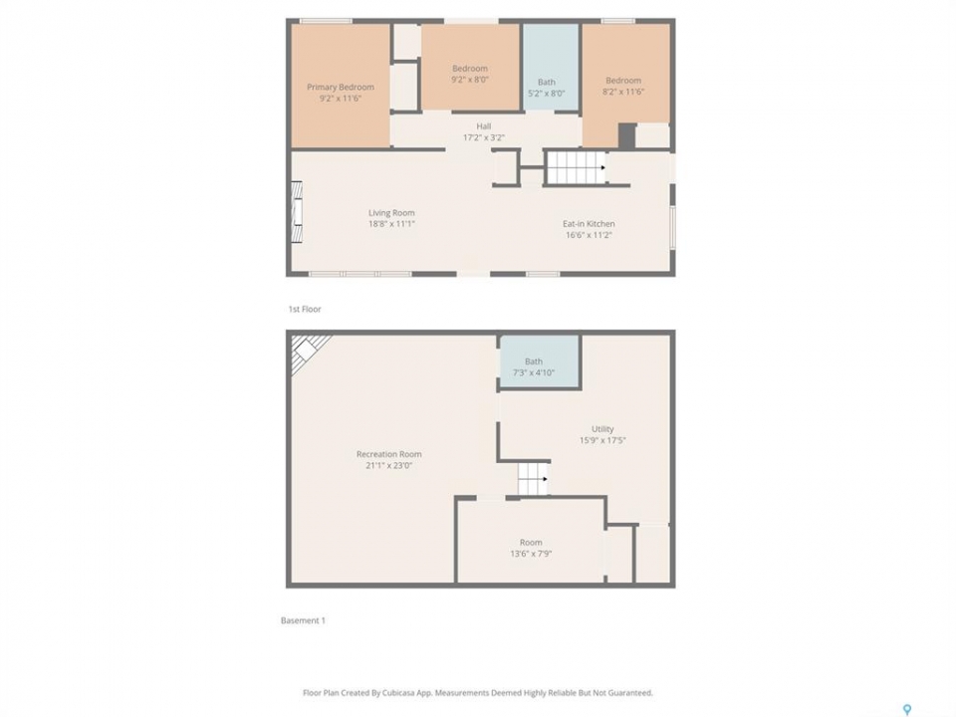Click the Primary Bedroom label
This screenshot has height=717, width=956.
[x=341, y=88]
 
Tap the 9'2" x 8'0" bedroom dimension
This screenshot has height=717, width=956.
[x=470, y=80]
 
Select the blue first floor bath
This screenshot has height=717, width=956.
[x=551, y=67]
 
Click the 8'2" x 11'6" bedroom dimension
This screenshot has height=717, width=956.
[x=623, y=92]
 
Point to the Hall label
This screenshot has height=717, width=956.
[x=484, y=126]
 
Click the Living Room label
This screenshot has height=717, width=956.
[x=391, y=213]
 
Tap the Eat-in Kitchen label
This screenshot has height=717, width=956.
[x=589, y=224]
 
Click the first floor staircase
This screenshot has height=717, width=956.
[x=576, y=167]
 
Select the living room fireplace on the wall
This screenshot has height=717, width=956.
[x=297, y=211]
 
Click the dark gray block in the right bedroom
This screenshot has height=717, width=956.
[x=627, y=136]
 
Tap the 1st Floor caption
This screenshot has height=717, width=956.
[x=305, y=309]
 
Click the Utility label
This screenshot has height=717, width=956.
[x=602, y=429]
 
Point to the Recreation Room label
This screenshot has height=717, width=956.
[x=389, y=454]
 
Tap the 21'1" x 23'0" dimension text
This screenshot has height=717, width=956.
[x=389, y=466]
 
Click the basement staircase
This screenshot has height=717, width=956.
[x=533, y=479]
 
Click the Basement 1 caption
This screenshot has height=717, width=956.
[x=303, y=620]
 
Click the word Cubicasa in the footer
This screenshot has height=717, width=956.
[x=398, y=693]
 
